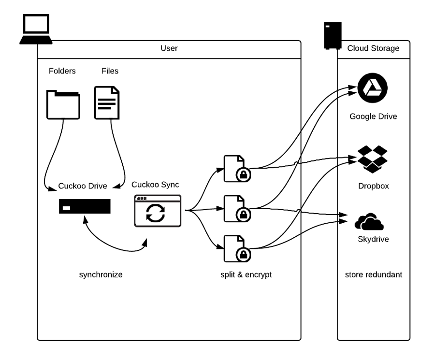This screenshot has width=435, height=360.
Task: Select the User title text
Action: pyautogui.click(x=169, y=48)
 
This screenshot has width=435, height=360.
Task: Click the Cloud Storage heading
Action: pyautogui.click(x=373, y=48)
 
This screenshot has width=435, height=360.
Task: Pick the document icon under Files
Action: pyautogui.click(x=107, y=102)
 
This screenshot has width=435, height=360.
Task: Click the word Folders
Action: pyautogui.click(x=62, y=71)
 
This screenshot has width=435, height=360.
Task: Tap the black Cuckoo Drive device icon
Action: pyautogui.click(x=85, y=206)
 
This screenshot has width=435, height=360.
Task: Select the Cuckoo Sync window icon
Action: pyautogui.click(x=157, y=211)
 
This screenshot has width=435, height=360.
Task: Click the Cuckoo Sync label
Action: pyautogui.click(x=155, y=185)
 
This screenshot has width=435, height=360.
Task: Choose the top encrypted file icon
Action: pyautogui.click(x=234, y=169)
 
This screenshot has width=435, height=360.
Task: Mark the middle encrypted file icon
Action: pyautogui.click(x=234, y=209)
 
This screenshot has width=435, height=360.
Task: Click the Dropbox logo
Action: pyautogui.click(x=373, y=158)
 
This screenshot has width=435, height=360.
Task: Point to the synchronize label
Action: pyautogui.click(x=101, y=275)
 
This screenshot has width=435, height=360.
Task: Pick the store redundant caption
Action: pyautogui.click(x=373, y=275)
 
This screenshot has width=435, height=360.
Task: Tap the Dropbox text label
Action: pyautogui.click(x=373, y=186)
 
